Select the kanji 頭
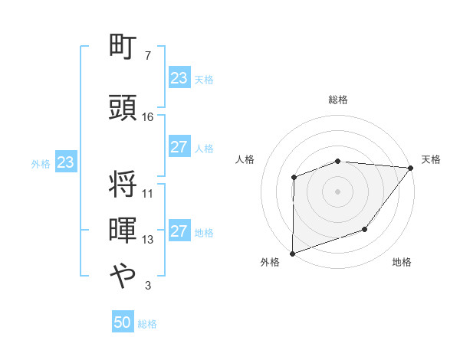(123, 107)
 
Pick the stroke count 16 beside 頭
(148, 116)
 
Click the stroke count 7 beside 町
(147, 57)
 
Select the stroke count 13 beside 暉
(148, 240)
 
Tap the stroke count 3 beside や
(147, 286)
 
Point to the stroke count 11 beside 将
(148, 194)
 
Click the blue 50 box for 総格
(123, 323)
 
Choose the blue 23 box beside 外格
(65, 162)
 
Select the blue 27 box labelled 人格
(179, 148)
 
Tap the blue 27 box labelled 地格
(179, 232)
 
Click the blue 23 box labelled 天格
(179, 78)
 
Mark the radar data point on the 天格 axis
(411, 168)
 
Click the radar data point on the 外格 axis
(292, 253)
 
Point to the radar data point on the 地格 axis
(365, 229)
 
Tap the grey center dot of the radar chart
(337, 191)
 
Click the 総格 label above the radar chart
(337, 100)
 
